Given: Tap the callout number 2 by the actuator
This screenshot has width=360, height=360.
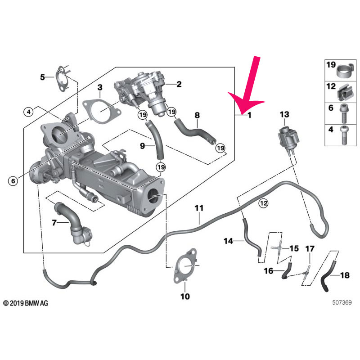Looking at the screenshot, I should pyautogui.click(x=179, y=84).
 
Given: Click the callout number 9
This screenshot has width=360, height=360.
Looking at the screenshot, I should pyautogui.click(x=142, y=146).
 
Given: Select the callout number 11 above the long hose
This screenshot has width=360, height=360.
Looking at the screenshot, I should pyautogui.click(x=199, y=208).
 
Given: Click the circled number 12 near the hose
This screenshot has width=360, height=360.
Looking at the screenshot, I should pyautogui.click(x=263, y=203).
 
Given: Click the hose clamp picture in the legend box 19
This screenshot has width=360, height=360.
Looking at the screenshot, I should pyautogui.click(x=343, y=71).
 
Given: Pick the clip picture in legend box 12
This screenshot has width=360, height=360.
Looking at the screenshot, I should pyautogui.click(x=343, y=93).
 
